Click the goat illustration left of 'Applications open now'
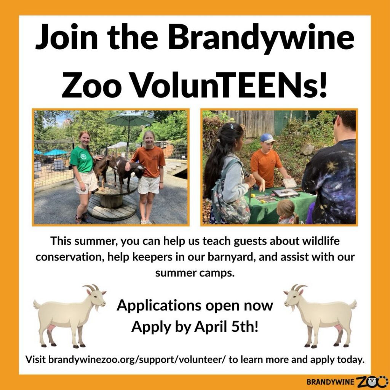pos(70,315)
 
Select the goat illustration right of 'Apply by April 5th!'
pos(320,315)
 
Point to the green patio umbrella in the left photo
pos(129,120)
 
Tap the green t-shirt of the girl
pos(82,160)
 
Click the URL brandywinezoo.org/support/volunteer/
pos(137,360)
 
